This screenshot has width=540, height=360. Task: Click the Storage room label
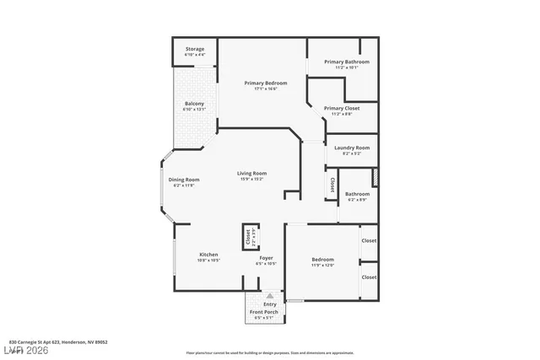(x=194, y=51)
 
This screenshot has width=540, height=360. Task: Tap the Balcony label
(x=194, y=105)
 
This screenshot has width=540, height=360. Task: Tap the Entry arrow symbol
(x=270, y=296)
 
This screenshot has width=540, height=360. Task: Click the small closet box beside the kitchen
(x=250, y=237)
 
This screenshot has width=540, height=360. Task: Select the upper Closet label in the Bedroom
(x=369, y=241)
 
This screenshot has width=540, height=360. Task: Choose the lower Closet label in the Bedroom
(x=369, y=277)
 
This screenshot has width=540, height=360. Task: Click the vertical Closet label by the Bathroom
(x=332, y=186)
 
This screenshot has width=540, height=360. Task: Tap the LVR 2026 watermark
(x=24, y=350)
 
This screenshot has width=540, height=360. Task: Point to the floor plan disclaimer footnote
(x=270, y=352)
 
